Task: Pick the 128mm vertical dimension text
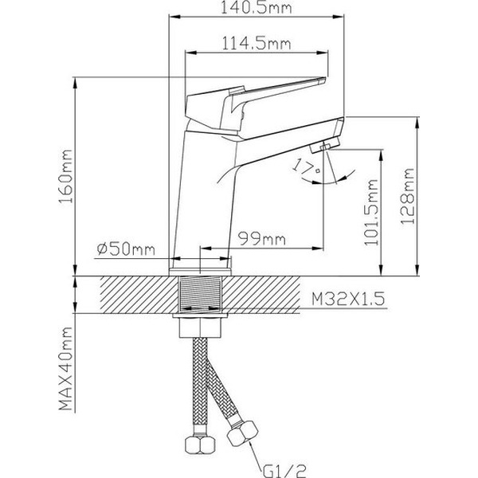coord(408,196)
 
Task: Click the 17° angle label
coord(303,166)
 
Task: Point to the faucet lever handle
coord(255,96)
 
